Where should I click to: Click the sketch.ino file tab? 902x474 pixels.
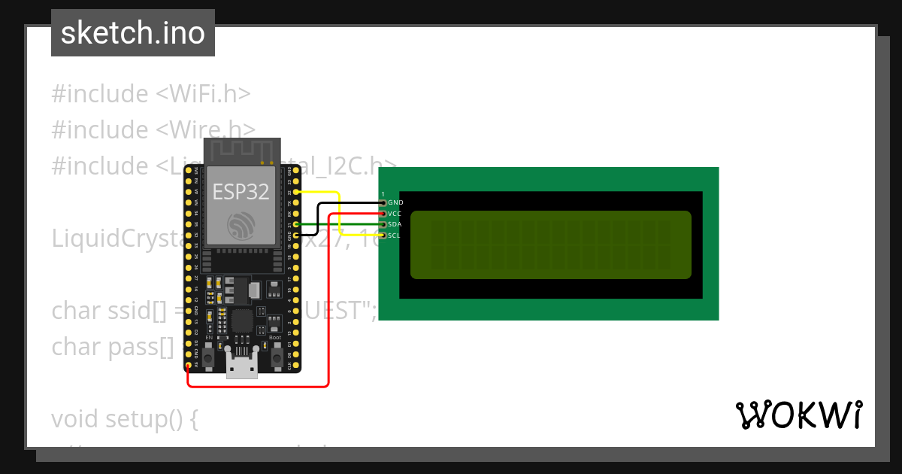click(x=133, y=33)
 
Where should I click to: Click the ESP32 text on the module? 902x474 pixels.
click(x=241, y=192)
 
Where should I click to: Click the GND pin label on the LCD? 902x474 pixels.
click(x=395, y=202)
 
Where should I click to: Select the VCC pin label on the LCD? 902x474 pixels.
click(x=395, y=214)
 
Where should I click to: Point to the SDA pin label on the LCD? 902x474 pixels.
click(x=395, y=224)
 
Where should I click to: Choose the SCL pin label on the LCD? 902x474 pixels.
click(x=395, y=235)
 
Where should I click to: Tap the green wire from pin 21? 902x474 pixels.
click(x=346, y=224)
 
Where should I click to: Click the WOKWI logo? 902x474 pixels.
click(x=798, y=415)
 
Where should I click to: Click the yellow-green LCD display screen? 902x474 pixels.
click(x=550, y=245)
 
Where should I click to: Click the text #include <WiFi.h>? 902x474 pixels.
click(x=150, y=94)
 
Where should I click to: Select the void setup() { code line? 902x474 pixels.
click(x=124, y=418)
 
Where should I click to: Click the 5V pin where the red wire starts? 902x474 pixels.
click(x=188, y=365)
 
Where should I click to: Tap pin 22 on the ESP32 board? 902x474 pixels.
click(x=298, y=192)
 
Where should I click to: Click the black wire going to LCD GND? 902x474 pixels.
click(x=350, y=203)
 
